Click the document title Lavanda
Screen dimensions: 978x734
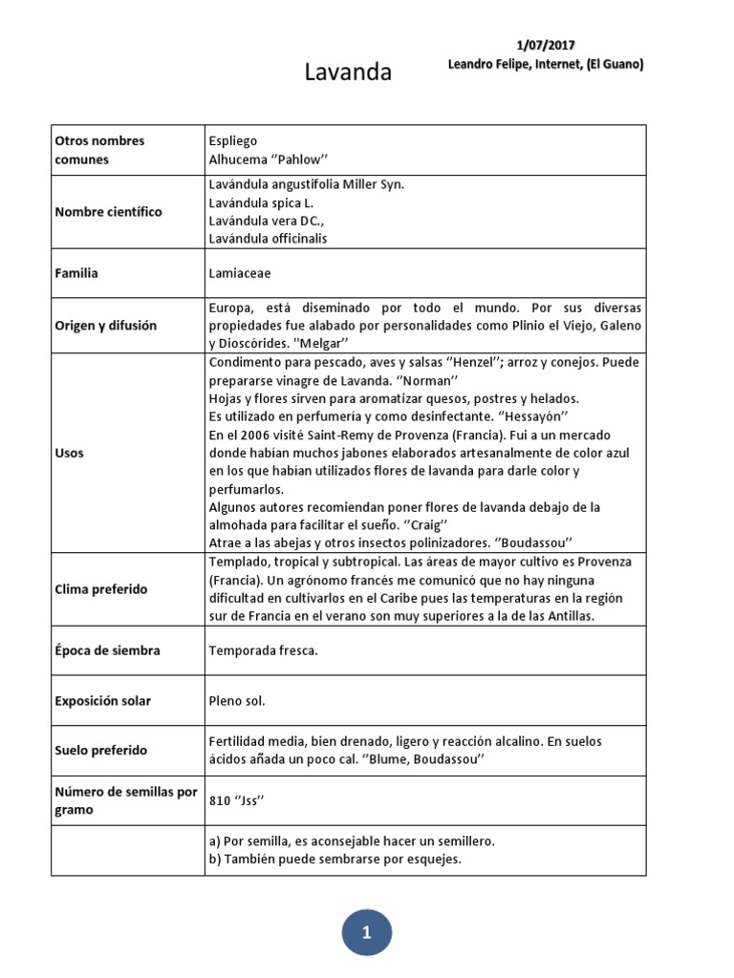348,73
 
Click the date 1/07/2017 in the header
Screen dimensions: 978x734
545,45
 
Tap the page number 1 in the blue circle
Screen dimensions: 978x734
367,934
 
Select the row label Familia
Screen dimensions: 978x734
76,273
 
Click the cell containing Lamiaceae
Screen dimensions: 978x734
240,273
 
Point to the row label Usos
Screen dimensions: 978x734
69,453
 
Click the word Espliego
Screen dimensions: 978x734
232,141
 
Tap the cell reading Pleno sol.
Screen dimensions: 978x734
236,701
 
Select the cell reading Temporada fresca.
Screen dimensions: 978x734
263,650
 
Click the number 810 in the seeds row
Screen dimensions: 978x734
219,800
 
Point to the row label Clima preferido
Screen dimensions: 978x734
101,589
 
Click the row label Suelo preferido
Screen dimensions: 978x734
101,751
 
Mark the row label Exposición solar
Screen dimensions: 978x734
103,701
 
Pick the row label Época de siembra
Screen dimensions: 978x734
107,650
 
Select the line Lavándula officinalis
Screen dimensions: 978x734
268,239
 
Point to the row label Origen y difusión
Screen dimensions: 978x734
106,326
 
